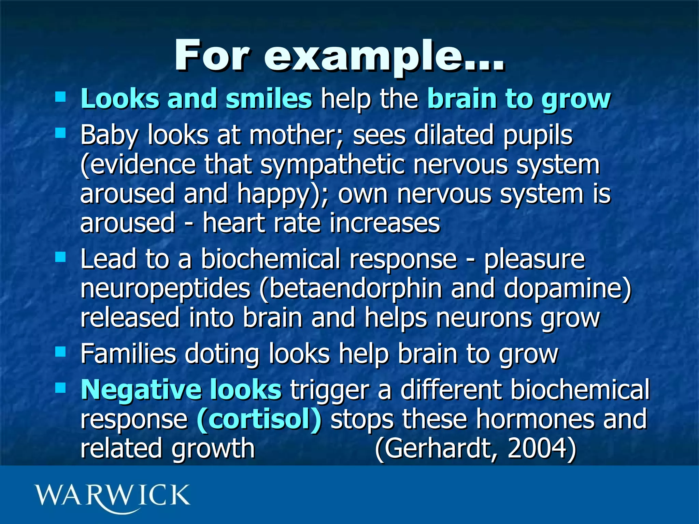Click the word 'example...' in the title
[x=384, y=56]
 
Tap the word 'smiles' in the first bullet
[x=269, y=99]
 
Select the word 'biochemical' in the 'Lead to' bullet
[x=270, y=259]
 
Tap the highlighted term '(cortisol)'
[x=259, y=419]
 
